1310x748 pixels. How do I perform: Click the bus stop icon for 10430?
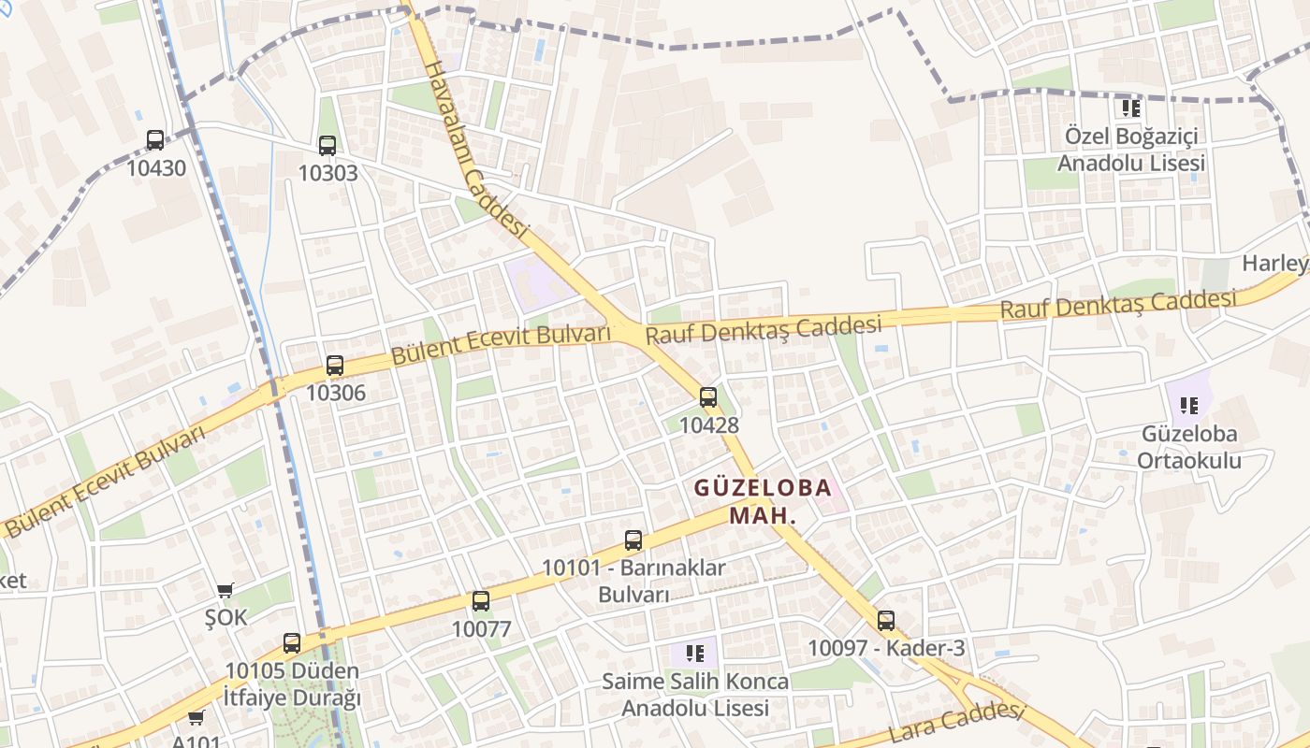click(155, 140)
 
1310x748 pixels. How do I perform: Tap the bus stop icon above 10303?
click(327, 145)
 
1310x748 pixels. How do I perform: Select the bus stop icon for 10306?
click(335, 366)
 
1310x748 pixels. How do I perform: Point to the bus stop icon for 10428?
click(708, 397)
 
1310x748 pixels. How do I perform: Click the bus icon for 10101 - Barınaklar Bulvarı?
click(633, 540)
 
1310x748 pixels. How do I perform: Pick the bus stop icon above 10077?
click(481, 601)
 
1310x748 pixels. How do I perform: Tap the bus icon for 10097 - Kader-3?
click(886, 620)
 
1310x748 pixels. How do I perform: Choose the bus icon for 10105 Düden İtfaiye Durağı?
click(292, 643)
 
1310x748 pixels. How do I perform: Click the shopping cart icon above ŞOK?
click(225, 590)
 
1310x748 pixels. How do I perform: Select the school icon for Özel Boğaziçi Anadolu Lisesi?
click(1131, 108)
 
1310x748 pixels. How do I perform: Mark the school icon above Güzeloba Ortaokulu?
click(1189, 406)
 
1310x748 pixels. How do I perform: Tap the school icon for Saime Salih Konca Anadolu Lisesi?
click(694, 653)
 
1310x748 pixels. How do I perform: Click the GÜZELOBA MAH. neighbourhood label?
click(763, 501)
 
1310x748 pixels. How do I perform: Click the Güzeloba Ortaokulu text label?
click(1189, 447)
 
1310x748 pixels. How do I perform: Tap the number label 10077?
click(481, 629)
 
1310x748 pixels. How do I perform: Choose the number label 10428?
click(708, 425)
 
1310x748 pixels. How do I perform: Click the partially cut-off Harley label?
click(1274, 264)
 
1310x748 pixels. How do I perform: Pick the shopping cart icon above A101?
click(196, 718)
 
